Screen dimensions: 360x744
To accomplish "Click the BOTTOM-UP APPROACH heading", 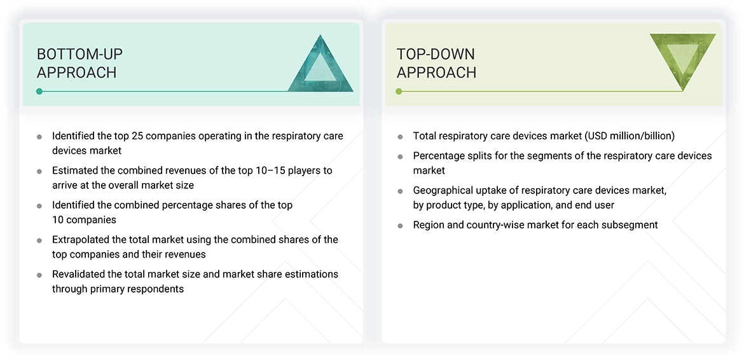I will [x=79, y=63].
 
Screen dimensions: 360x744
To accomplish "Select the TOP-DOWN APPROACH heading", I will [x=436, y=63].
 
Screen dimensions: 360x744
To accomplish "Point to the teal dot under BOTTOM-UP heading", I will [x=39, y=92].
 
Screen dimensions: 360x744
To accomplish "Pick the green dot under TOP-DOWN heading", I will [x=399, y=92].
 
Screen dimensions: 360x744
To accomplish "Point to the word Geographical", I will [x=443, y=190].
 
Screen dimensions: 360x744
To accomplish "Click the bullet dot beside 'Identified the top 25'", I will [x=39, y=137].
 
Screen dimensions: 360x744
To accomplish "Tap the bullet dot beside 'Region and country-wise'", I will [x=400, y=225].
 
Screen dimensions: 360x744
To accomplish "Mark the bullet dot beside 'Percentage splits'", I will [x=400, y=156].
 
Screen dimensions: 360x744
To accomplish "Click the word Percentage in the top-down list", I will [x=439, y=156].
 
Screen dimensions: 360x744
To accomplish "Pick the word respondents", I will [x=155, y=289].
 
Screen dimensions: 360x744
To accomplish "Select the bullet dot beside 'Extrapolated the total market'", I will [x=39, y=240].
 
